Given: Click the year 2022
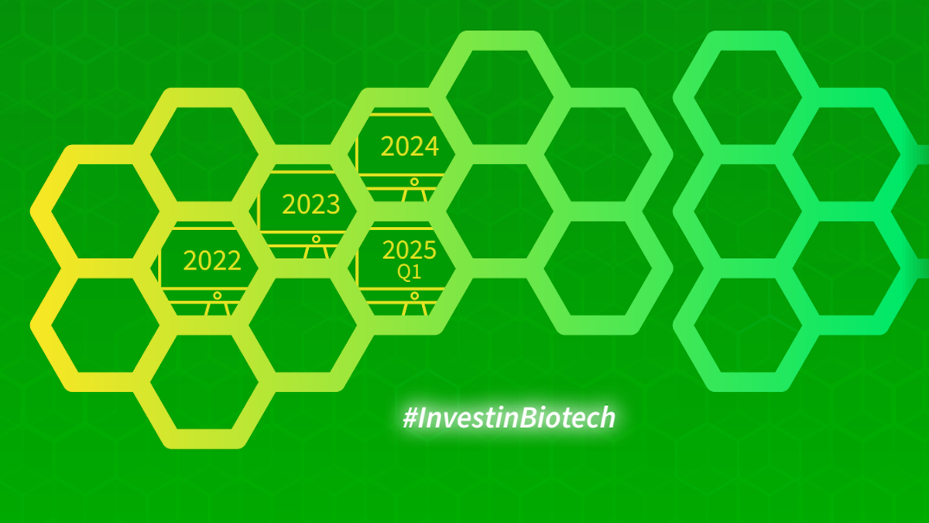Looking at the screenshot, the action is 212,260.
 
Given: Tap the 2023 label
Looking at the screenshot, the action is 310,205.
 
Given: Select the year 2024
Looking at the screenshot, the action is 410,146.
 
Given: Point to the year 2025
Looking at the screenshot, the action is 410,249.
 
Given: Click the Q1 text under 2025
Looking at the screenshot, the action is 409,272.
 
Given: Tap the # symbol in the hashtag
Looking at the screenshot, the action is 410,418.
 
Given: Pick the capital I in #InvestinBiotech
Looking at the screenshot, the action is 422,417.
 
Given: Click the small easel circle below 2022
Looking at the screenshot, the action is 217,296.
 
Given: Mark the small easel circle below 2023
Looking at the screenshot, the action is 316,239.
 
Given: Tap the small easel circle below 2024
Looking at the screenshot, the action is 414,182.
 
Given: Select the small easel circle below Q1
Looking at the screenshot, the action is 414,296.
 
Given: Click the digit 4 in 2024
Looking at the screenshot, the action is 432,146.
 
